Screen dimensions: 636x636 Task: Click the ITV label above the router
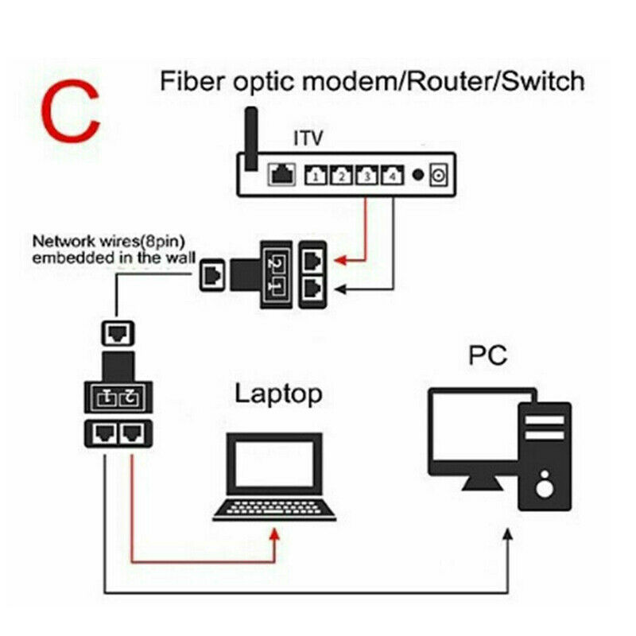(308, 140)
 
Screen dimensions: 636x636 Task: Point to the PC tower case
(545, 455)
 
